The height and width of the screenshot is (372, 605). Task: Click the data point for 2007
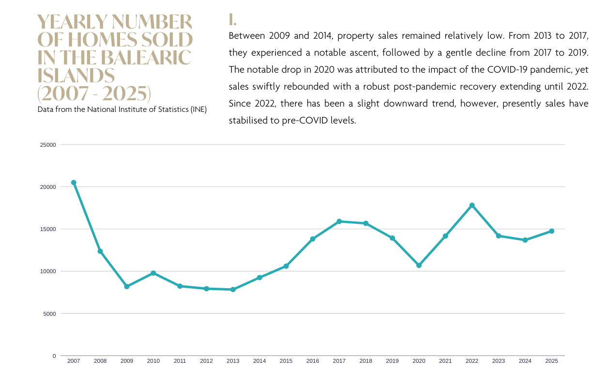click(74, 183)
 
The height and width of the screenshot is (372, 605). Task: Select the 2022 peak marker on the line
click(472, 205)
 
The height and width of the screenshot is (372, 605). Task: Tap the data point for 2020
click(419, 265)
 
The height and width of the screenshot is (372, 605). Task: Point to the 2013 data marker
click(233, 290)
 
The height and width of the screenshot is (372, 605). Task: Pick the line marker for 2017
click(339, 221)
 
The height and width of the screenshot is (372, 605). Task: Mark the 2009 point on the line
click(127, 287)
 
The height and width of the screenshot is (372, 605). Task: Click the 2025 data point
click(552, 231)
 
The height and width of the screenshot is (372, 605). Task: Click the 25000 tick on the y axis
click(48, 145)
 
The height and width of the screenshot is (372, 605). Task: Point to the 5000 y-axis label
click(49, 314)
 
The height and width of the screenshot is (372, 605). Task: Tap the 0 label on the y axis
click(54, 356)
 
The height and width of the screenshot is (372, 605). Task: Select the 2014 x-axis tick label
click(259, 361)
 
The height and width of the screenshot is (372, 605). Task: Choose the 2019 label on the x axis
click(393, 361)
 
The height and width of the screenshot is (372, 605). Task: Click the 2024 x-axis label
click(525, 361)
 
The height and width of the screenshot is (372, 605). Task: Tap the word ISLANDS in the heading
click(76, 76)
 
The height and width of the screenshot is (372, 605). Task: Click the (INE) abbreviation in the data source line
click(198, 109)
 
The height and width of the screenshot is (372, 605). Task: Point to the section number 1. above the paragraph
click(232, 20)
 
